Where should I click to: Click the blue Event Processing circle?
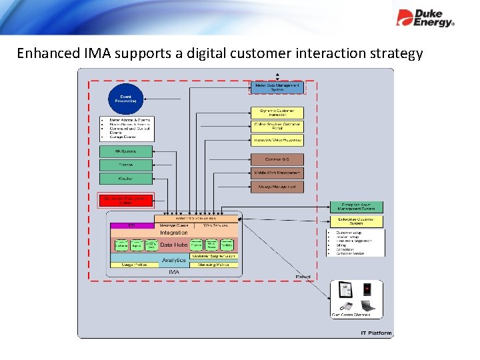(126, 99)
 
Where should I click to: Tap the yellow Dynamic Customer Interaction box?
(277, 113)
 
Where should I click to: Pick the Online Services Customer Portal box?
(277, 125)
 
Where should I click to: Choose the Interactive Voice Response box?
(277, 140)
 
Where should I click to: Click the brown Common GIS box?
(277, 159)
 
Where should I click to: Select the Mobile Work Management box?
(277, 173)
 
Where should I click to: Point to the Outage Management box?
(277, 187)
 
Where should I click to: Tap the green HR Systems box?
(126, 151)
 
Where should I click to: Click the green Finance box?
(126, 165)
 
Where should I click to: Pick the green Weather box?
(126, 178)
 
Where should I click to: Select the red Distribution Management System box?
(126, 199)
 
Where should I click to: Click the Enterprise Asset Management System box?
(357, 207)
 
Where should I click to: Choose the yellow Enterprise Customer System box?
(357, 221)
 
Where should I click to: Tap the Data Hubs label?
(174, 245)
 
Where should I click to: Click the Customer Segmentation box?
(213, 256)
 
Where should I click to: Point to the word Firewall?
(303, 277)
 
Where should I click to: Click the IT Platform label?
(376, 333)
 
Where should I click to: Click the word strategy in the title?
(392, 53)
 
